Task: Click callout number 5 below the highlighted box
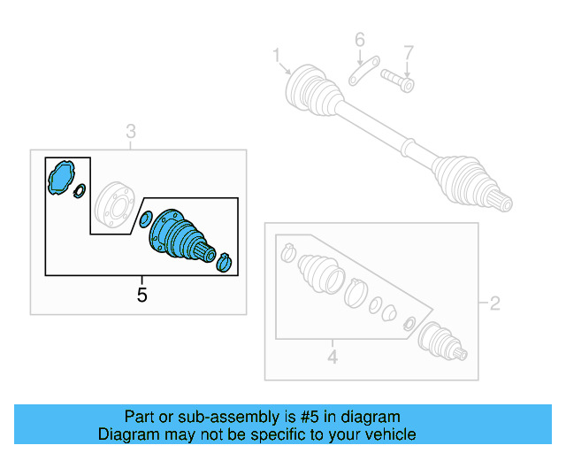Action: [141, 295]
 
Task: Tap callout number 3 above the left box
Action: [131, 132]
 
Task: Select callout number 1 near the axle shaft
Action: [277, 55]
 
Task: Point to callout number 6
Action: [360, 40]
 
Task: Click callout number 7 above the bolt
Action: [408, 52]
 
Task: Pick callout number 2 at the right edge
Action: [494, 303]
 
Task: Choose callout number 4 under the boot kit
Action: [333, 357]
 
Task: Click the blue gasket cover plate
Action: [61, 177]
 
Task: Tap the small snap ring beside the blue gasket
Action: [80, 191]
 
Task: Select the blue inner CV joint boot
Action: [180, 234]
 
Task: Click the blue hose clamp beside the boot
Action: [224, 262]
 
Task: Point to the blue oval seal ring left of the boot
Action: [145, 219]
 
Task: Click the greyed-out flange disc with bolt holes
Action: [114, 204]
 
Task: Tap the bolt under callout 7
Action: [397, 81]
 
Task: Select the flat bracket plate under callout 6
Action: [363, 71]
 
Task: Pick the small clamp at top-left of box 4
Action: [288, 252]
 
